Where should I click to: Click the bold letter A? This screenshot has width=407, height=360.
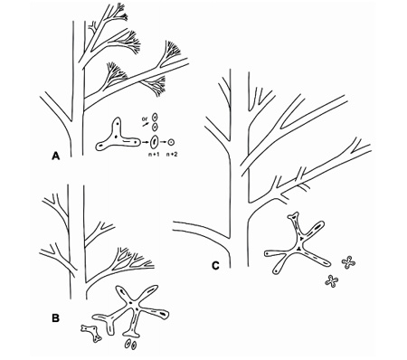tap(55, 156)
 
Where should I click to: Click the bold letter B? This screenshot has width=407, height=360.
tap(55, 317)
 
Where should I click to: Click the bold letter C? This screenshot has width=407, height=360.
tap(215, 266)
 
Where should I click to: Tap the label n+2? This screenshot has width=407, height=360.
tap(172, 154)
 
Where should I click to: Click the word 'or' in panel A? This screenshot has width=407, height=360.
tap(145, 118)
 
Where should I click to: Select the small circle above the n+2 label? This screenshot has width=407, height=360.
tap(172, 142)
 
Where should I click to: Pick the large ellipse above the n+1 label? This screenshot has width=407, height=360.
tap(155, 141)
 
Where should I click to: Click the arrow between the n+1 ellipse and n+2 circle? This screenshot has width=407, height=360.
tap(164, 142)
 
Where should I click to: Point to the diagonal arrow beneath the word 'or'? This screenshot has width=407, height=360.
tap(146, 124)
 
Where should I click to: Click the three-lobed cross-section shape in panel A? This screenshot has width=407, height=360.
tap(118, 137)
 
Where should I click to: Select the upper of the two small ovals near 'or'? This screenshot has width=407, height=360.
tap(155, 118)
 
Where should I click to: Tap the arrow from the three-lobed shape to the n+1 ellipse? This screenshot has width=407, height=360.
tap(146, 142)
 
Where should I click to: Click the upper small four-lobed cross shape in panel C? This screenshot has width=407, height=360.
tap(348, 262)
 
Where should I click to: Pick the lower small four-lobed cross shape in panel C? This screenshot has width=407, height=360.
tap(332, 281)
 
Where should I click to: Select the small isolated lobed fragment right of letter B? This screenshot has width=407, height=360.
tap(91, 334)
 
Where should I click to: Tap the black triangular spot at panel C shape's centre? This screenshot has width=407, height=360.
tap(298, 248)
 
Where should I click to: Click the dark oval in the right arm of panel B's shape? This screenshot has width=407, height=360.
tap(164, 314)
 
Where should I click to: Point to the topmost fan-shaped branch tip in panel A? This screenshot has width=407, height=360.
tap(120, 15)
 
